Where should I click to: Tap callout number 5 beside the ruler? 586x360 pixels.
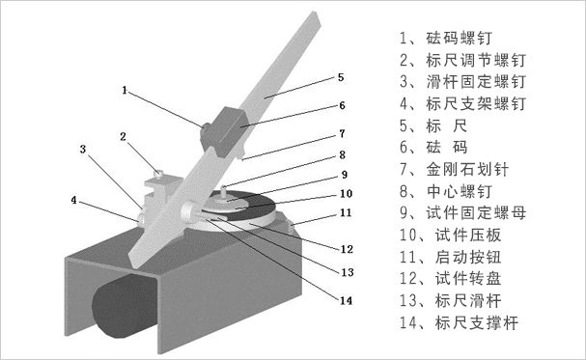click(341, 76)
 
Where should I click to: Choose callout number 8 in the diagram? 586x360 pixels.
click(341, 154)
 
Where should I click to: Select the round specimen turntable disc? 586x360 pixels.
click(246, 214)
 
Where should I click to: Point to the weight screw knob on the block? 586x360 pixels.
click(207, 126)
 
